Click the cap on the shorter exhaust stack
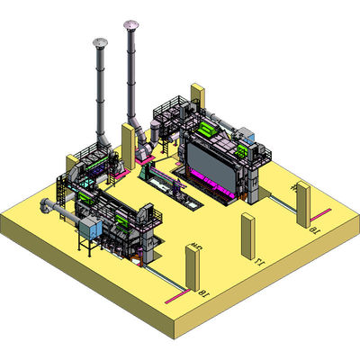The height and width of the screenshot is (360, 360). point(98,42)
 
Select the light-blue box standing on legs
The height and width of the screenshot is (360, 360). point(88,229)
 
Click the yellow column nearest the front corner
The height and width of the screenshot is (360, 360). point(191,269)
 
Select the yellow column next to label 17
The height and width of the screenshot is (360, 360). point(247,237)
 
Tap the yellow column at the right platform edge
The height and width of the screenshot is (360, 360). point(303,204)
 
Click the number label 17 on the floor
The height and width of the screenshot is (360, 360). point(258,263)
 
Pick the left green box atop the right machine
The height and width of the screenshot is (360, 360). point(205,129)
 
